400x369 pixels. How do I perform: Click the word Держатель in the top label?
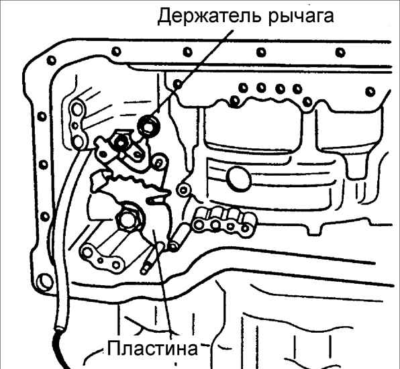(209, 16)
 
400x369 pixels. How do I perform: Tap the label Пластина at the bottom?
(152, 348)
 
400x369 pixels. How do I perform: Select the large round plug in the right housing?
(240, 178)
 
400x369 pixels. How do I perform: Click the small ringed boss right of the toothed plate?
(183, 190)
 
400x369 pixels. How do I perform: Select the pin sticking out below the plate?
(151, 258)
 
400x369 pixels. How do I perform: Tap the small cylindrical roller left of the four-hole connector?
(179, 236)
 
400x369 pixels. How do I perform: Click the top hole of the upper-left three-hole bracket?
(77, 109)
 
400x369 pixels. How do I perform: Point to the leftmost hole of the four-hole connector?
(198, 225)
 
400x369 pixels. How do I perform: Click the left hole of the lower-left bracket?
(87, 252)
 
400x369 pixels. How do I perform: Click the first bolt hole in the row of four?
(243, 88)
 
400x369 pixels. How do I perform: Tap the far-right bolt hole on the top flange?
(340, 52)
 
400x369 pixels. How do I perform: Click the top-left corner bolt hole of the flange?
(51, 60)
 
